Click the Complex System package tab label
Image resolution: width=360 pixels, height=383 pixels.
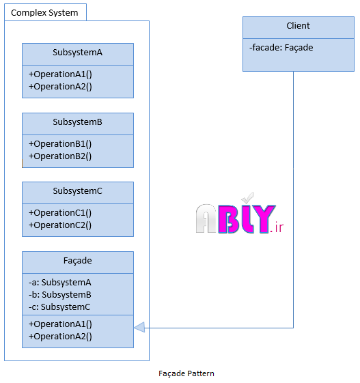(44, 13)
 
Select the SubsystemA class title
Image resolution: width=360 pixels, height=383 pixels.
(77, 53)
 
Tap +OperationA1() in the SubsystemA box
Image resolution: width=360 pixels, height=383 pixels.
(60, 74)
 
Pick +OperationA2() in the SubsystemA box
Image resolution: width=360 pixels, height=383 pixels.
(60, 87)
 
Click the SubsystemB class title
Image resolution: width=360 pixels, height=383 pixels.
(77, 122)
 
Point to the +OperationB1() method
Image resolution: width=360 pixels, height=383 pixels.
(60, 144)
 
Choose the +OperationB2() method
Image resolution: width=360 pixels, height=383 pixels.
(60, 156)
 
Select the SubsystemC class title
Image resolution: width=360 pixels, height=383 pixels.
(77, 190)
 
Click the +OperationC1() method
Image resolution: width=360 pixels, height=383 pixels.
(60, 213)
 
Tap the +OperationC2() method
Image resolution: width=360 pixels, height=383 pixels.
(60, 225)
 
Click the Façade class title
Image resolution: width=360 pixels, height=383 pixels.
(77, 261)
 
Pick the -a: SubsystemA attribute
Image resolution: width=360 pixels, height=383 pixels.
(60, 283)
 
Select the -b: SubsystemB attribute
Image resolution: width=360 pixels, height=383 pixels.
(60, 294)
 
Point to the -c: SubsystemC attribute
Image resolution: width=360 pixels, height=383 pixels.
(59, 307)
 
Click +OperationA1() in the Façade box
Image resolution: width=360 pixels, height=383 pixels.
(60, 324)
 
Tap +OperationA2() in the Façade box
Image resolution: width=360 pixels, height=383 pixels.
(60, 337)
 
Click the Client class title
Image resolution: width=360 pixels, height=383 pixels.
(298, 26)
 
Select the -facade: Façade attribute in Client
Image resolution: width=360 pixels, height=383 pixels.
(281, 48)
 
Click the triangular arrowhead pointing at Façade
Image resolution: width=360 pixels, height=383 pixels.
(139, 327)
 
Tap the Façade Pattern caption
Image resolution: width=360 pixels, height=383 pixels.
(186, 373)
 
